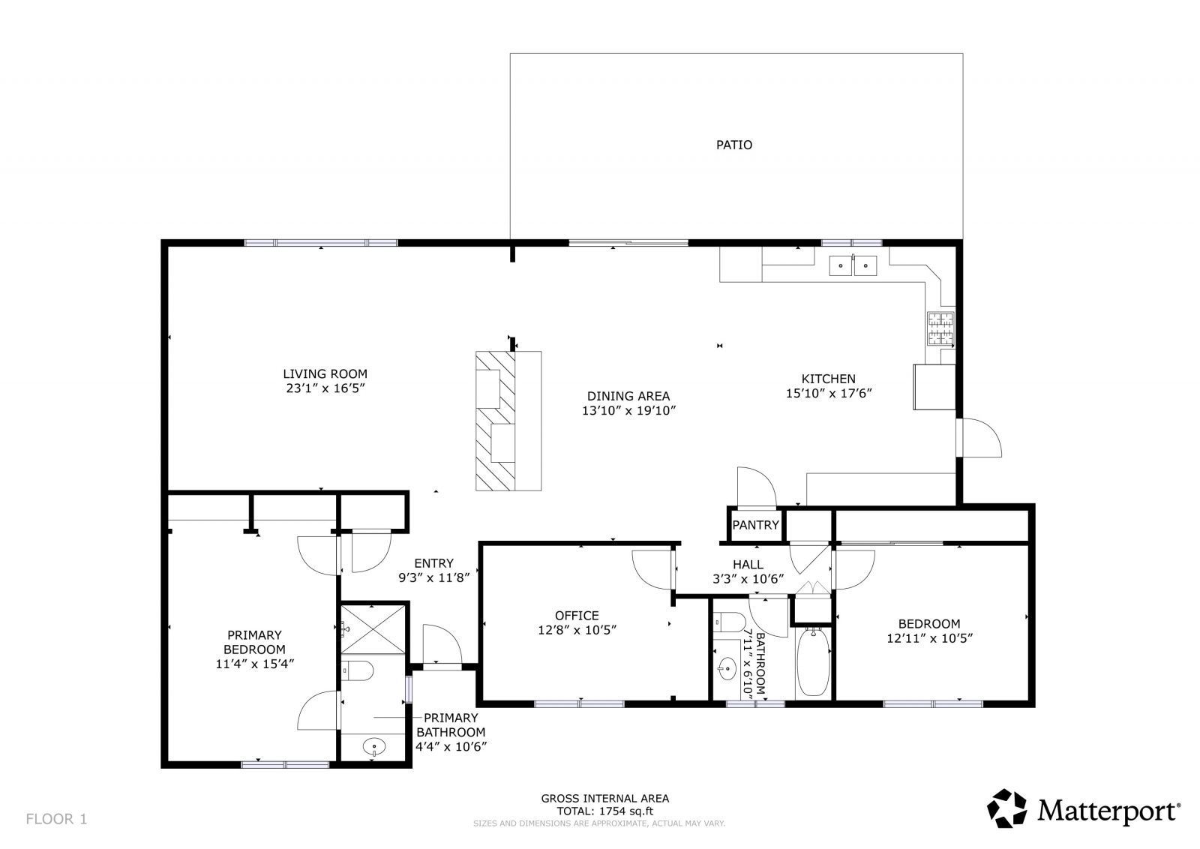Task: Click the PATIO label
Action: click(733, 145)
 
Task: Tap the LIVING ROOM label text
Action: click(325, 373)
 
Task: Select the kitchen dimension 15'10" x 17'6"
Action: click(828, 393)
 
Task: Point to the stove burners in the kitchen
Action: click(940, 328)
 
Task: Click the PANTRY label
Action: click(755, 525)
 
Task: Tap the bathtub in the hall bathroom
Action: click(812, 662)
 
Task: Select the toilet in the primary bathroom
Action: click(357, 670)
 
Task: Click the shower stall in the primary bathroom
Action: click(373, 628)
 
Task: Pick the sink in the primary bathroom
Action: click(373, 746)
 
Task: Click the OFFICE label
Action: click(577, 616)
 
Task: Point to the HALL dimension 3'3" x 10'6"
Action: click(748, 578)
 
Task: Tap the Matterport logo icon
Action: click(1007, 808)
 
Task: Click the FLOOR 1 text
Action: click(57, 819)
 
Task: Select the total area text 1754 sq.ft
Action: click(604, 811)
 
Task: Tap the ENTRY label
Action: click(433, 563)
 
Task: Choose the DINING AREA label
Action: click(628, 396)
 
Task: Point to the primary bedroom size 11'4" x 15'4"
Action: click(254, 663)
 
